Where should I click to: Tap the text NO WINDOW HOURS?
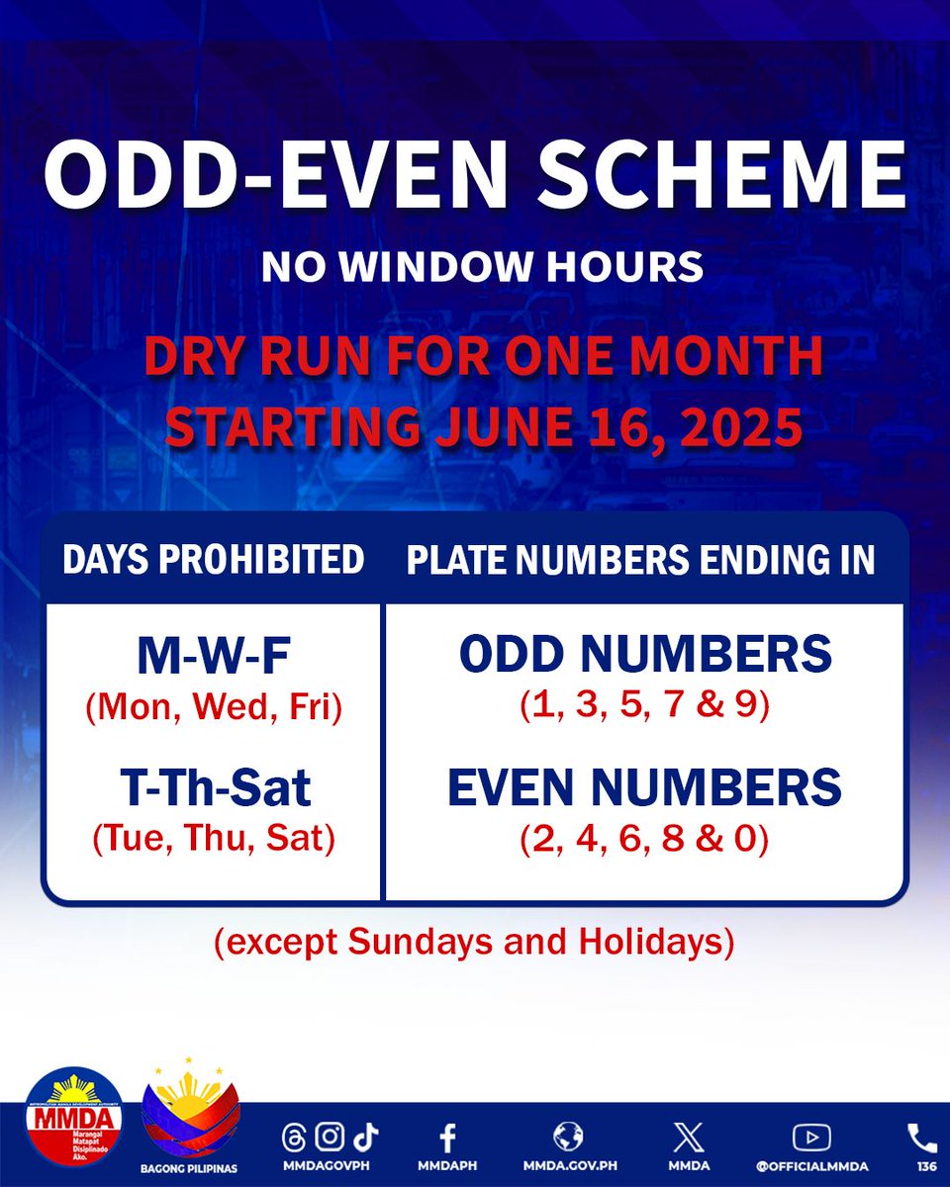482,267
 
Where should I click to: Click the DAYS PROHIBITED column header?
213,561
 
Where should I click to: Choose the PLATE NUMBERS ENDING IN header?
641,561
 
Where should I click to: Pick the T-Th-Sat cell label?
213,788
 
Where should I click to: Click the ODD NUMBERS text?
645,655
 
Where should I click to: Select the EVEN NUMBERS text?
645,788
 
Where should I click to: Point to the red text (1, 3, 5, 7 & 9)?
645,707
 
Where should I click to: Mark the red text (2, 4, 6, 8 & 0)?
645,841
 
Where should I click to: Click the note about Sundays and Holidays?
475,943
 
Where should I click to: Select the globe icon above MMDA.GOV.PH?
569,1136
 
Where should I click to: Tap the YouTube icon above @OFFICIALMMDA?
811,1137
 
